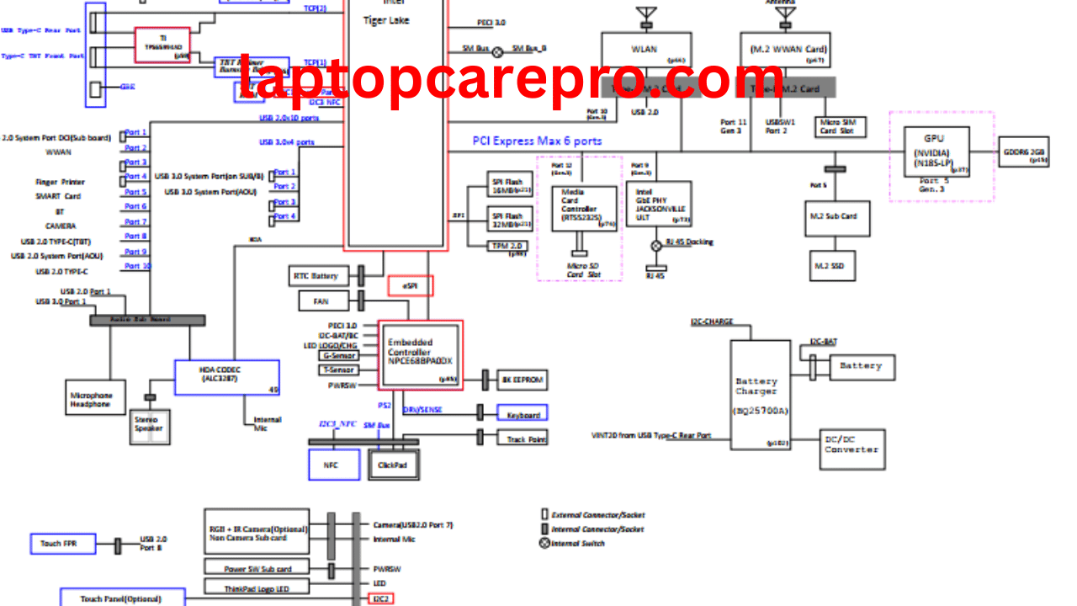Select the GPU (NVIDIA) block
pyautogui.click(x=936, y=151)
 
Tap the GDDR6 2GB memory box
pyautogui.click(x=1024, y=152)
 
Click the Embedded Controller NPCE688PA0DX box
pyautogui.click(x=420, y=353)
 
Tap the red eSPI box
pyautogui.click(x=411, y=286)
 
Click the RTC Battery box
pyautogui.click(x=316, y=275)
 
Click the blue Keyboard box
pyautogui.click(x=522, y=413)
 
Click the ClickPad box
pyautogui.click(x=393, y=465)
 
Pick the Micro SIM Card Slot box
pyautogui.click(x=842, y=127)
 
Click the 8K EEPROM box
pyautogui.click(x=523, y=380)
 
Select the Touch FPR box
pyautogui.click(x=64, y=544)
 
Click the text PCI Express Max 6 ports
pyautogui.click(x=537, y=141)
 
